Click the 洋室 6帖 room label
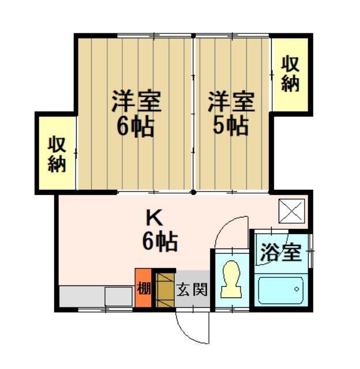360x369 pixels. [x=136, y=114]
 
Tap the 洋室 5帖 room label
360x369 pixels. [x=231, y=114]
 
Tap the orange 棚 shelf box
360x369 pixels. [x=143, y=287]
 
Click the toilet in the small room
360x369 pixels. [x=231, y=279]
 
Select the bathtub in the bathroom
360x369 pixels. [x=280, y=291]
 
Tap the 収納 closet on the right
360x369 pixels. [x=290, y=73]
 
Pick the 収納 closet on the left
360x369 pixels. [x=57, y=153]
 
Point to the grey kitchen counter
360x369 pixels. [x=87, y=296]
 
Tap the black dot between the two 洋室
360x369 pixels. [x=194, y=191]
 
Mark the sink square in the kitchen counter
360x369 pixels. [x=118, y=296]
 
